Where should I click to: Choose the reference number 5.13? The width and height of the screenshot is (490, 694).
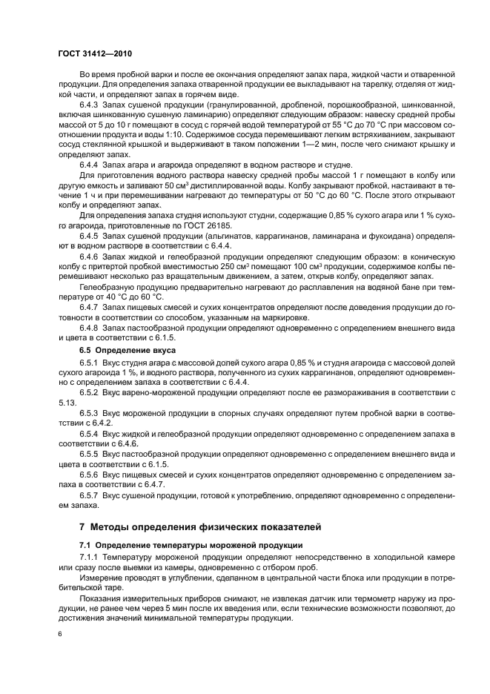click(x=67, y=400)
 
